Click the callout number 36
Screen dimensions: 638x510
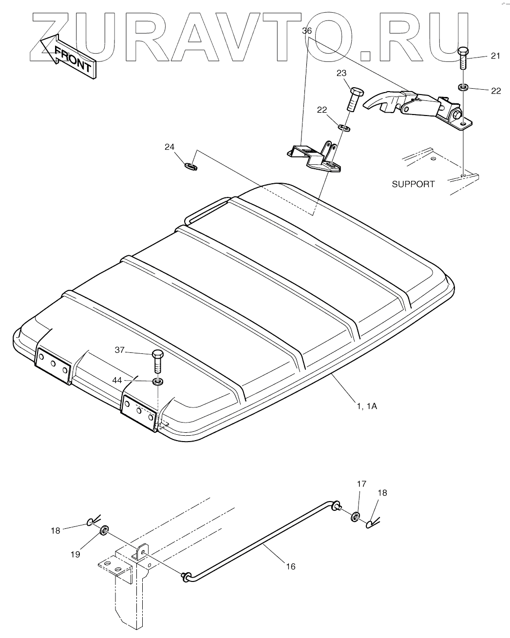(307, 31)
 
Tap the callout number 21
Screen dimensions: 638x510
(495, 56)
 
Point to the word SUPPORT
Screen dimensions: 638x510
(413, 184)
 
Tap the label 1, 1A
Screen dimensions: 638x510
(366, 406)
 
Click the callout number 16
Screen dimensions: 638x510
(290, 566)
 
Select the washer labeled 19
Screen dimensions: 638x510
(104, 530)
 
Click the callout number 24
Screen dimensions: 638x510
(169, 146)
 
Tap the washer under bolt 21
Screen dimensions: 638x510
(463, 88)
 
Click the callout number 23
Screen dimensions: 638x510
(341, 73)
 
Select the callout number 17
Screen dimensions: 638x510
(361, 484)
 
